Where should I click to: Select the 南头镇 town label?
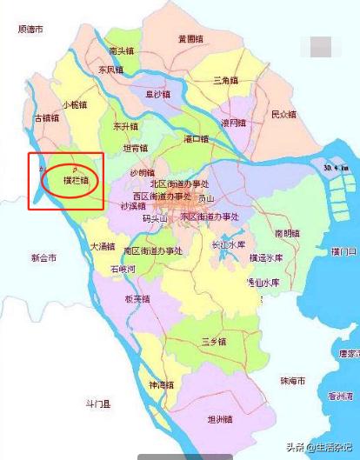121,51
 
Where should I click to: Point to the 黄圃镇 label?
190,39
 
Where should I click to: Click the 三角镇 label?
226,80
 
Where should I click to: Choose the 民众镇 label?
283,115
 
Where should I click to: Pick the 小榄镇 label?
76,105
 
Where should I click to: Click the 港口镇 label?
197,139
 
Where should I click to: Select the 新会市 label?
43,258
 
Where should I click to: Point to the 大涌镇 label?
103,248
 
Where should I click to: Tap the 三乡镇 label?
214,340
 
